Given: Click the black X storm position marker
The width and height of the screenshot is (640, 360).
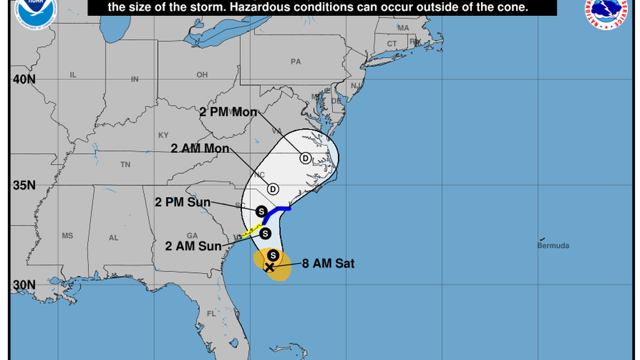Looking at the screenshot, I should tap(269, 267).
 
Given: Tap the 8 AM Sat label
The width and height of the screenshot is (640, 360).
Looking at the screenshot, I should tap(328, 263).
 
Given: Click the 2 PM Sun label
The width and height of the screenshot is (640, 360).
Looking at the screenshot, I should tap(182, 202).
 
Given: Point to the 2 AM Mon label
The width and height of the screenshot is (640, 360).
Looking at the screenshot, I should tap(200, 148).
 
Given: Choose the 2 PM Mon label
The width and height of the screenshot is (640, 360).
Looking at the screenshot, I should tap(228, 112).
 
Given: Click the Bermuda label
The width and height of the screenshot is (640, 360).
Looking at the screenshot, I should tap(553, 245).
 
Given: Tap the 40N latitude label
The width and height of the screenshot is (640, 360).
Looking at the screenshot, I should tap(24, 79).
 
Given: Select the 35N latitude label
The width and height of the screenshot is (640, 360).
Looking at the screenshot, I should tap(24, 185).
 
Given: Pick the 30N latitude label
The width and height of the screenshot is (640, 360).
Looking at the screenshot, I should tap(24, 284).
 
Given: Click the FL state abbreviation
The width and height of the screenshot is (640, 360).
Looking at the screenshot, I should tap(211, 314).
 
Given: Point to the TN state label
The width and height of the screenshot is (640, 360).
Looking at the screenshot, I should tap(125, 165).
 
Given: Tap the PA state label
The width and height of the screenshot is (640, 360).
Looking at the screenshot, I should tap(296, 61).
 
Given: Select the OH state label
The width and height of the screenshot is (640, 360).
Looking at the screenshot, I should tap(202, 75).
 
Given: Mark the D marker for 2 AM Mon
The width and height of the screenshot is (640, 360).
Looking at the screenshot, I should tap(273, 189).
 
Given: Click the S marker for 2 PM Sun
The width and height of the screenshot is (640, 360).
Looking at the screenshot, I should tap(261, 211).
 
